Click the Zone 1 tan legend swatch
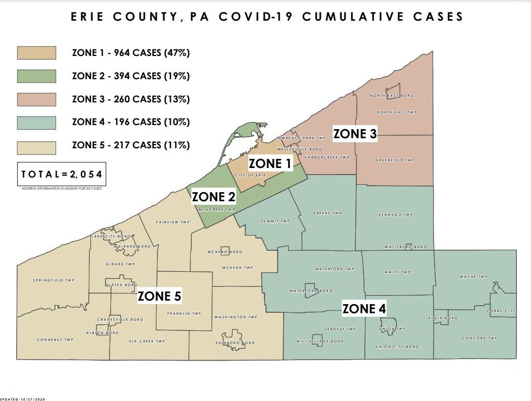pos(36,52)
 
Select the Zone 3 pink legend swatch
pos(36,99)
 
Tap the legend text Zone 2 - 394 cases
pos(131,76)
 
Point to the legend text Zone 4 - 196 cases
pos(131,122)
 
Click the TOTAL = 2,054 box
pos(62,175)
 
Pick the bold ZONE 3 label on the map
pos(355,134)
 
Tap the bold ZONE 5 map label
pos(160,296)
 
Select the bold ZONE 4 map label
pos(364,309)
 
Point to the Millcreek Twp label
pos(217,209)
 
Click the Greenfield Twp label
pos(395,160)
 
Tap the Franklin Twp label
pos(184,314)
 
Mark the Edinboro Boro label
pos(235,343)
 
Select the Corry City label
pos(501,311)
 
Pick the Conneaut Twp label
pos(55,340)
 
